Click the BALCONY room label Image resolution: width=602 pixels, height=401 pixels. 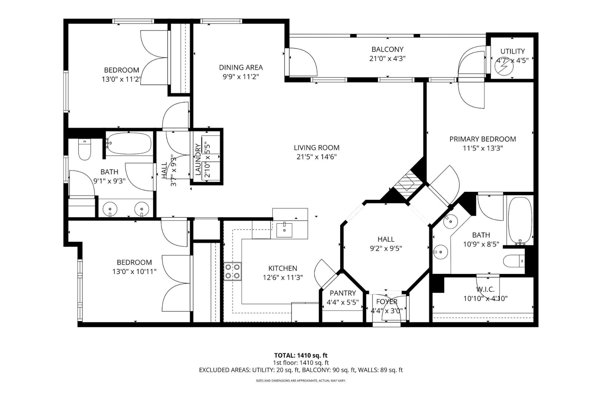(387, 49)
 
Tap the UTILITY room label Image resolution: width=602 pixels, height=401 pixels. (512, 51)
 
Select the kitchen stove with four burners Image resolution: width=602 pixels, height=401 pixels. (232, 271)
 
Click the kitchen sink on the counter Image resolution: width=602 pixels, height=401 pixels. (284, 230)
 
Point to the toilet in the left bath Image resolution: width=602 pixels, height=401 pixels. (85, 150)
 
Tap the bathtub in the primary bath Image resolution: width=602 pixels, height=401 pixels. (519, 220)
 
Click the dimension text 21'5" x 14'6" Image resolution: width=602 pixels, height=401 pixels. (316, 157)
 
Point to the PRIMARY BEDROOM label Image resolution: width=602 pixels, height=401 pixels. (482, 139)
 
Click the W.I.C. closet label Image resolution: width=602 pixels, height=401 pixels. (485, 289)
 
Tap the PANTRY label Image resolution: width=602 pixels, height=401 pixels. (342, 293)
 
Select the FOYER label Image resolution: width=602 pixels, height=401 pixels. (387, 302)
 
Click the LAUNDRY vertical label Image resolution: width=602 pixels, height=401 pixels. (198, 159)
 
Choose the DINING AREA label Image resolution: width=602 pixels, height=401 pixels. (241, 68)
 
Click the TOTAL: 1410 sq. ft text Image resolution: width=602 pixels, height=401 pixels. (301, 356)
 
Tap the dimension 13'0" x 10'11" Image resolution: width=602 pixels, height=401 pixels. (134, 272)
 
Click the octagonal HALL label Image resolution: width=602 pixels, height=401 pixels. (386, 239)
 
